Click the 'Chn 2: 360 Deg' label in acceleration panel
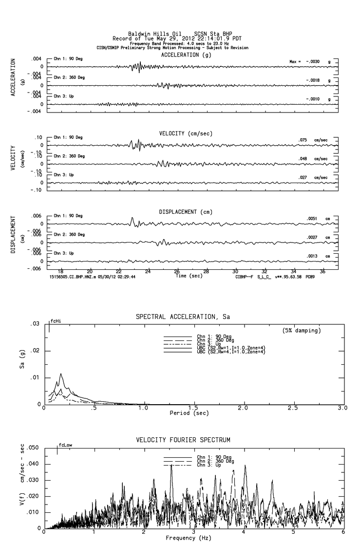click(69, 77)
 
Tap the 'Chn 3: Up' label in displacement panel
click(64, 253)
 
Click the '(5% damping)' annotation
click(302, 331)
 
